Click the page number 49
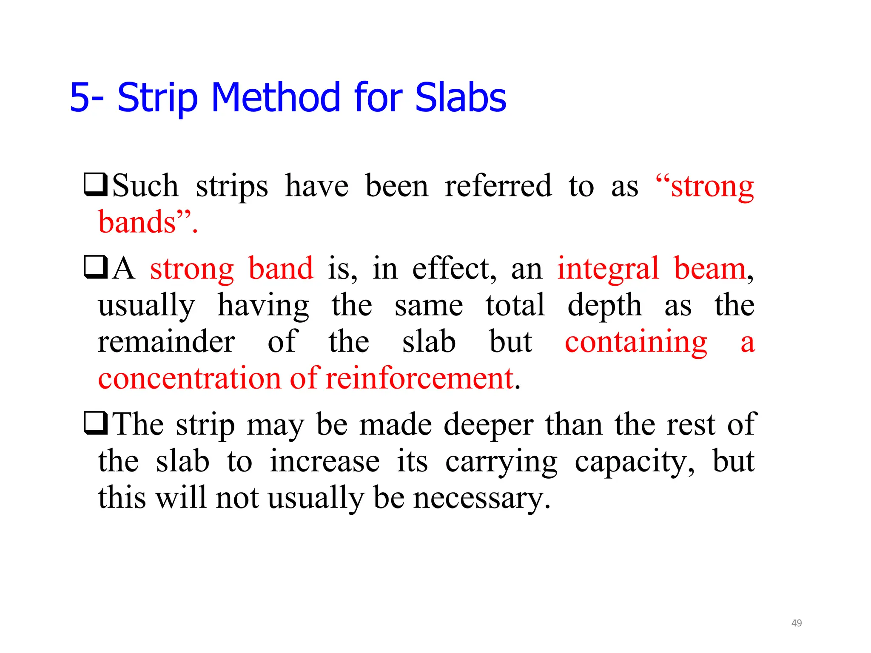[797, 623]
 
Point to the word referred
[498, 186]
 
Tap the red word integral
[608, 269]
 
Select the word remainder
[166, 342]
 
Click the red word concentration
[189, 378]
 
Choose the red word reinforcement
[420, 378]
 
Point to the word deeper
[488, 425]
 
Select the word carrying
[501, 462]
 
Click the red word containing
[636, 342]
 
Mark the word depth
[604, 305]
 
